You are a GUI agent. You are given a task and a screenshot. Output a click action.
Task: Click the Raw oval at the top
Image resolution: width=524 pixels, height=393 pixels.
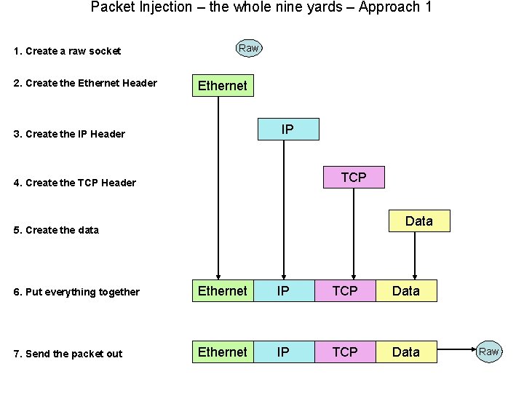pyautogui.click(x=248, y=48)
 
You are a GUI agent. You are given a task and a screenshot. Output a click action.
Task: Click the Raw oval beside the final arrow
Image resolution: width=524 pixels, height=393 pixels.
pyautogui.click(x=488, y=352)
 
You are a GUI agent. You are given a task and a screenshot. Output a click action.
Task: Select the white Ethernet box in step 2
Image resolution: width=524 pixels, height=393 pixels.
pyautogui.click(x=223, y=86)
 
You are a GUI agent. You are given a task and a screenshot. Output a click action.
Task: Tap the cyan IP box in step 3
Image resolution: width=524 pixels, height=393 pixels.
pyautogui.click(x=287, y=130)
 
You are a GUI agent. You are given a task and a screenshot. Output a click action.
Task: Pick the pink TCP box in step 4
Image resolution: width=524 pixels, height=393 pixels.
pyautogui.click(x=354, y=177)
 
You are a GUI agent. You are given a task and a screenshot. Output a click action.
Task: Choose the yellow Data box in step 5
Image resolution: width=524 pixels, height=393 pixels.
pyautogui.click(x=418, y=221)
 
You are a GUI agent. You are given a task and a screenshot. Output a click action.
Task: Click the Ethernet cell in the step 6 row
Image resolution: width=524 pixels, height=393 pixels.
pyautogui.click(x=223, y=291)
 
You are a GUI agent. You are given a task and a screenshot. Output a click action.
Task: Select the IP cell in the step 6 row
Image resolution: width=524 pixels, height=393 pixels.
pyautogui.click(x=283, y=291)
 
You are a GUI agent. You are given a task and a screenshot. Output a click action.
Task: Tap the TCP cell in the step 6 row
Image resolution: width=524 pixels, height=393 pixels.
pyautogui.click(x=345, y=291)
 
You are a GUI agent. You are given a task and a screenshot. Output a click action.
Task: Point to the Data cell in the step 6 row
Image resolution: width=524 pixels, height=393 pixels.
pyautogui.click(x=406, y=291)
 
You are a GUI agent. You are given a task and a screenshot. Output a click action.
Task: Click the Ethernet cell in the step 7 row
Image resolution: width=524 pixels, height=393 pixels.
pyautogui.click(x=223, y=352)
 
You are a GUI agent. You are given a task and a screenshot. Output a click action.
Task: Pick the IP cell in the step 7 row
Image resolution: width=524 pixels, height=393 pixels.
pyautogui.click(x=283, y=352)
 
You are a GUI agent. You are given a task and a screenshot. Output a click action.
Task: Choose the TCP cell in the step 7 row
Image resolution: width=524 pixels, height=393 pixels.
pyautogui.click(x=345, y=352)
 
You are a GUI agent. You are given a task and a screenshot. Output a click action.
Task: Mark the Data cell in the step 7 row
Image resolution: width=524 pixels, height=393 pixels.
pyautogui.click(x=406, y=352)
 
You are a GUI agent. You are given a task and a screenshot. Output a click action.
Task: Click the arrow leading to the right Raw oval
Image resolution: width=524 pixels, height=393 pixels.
pyautogui.click(x=456, y=352)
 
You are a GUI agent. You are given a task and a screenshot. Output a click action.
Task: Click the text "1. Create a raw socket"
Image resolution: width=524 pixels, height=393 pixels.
pyautogui.click(x=68, y=51)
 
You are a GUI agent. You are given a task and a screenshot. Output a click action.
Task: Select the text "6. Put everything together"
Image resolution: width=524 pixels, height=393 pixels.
pyautogui.click(x=77, y=293)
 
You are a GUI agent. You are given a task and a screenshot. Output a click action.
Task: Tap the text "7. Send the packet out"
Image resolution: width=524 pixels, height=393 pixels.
pyautogui.click(x=68, y=354)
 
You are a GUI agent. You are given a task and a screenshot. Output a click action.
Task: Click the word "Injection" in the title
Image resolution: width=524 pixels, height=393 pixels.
pyautogui.click(x=148, y=7)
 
